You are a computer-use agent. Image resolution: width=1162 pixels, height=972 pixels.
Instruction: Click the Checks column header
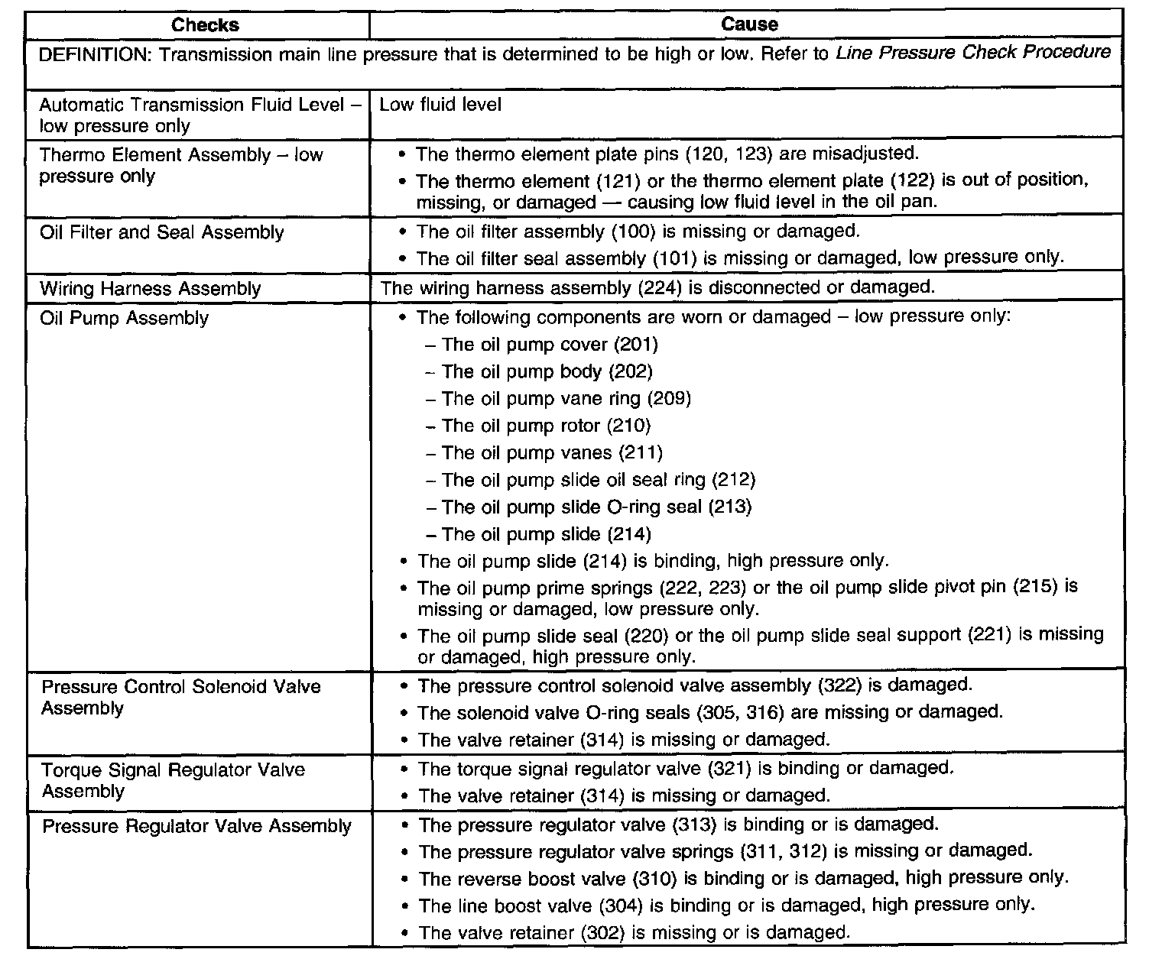(205, 25)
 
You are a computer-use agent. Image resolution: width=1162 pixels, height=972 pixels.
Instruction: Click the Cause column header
(749, 24)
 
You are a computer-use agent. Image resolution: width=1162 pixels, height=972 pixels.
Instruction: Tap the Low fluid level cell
(440, 105)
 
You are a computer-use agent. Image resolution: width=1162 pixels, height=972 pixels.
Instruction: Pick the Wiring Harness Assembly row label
(150, 289)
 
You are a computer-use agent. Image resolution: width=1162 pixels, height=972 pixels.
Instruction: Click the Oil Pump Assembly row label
(124, 318)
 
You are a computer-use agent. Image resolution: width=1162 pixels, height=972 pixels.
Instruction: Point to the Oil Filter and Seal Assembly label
(161, 232)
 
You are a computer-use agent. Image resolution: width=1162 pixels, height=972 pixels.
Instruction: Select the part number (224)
(664, 288)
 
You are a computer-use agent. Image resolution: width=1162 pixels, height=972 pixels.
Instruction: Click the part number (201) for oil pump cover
(635, 345)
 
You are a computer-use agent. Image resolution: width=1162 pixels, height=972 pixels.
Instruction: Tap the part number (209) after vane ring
(669, 399)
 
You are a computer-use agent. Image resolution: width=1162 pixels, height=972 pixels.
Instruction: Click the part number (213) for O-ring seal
(729, 507)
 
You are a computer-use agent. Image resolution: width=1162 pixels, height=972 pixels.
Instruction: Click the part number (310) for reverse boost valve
(656, 879)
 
